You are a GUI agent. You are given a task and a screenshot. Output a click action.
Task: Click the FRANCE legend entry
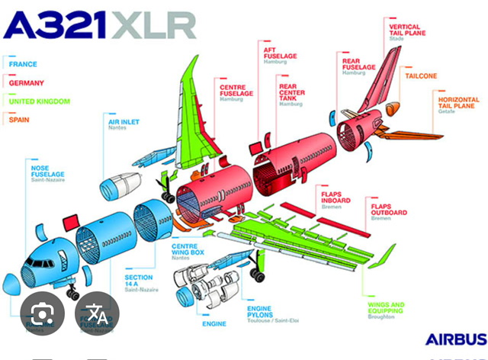(23, 64)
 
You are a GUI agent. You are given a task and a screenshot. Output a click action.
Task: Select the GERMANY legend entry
(26, 82)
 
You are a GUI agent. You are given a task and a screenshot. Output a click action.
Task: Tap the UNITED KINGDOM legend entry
(39, 101)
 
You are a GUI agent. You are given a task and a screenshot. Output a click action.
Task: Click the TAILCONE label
(421, 76)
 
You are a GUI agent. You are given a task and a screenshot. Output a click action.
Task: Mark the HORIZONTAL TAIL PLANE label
(457, 103)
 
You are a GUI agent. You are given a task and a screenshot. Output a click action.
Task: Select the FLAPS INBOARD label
(336, 198)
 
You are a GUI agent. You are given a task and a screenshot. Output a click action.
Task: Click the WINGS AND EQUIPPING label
(385, 308)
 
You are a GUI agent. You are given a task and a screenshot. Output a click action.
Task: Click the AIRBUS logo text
(455, 339)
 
